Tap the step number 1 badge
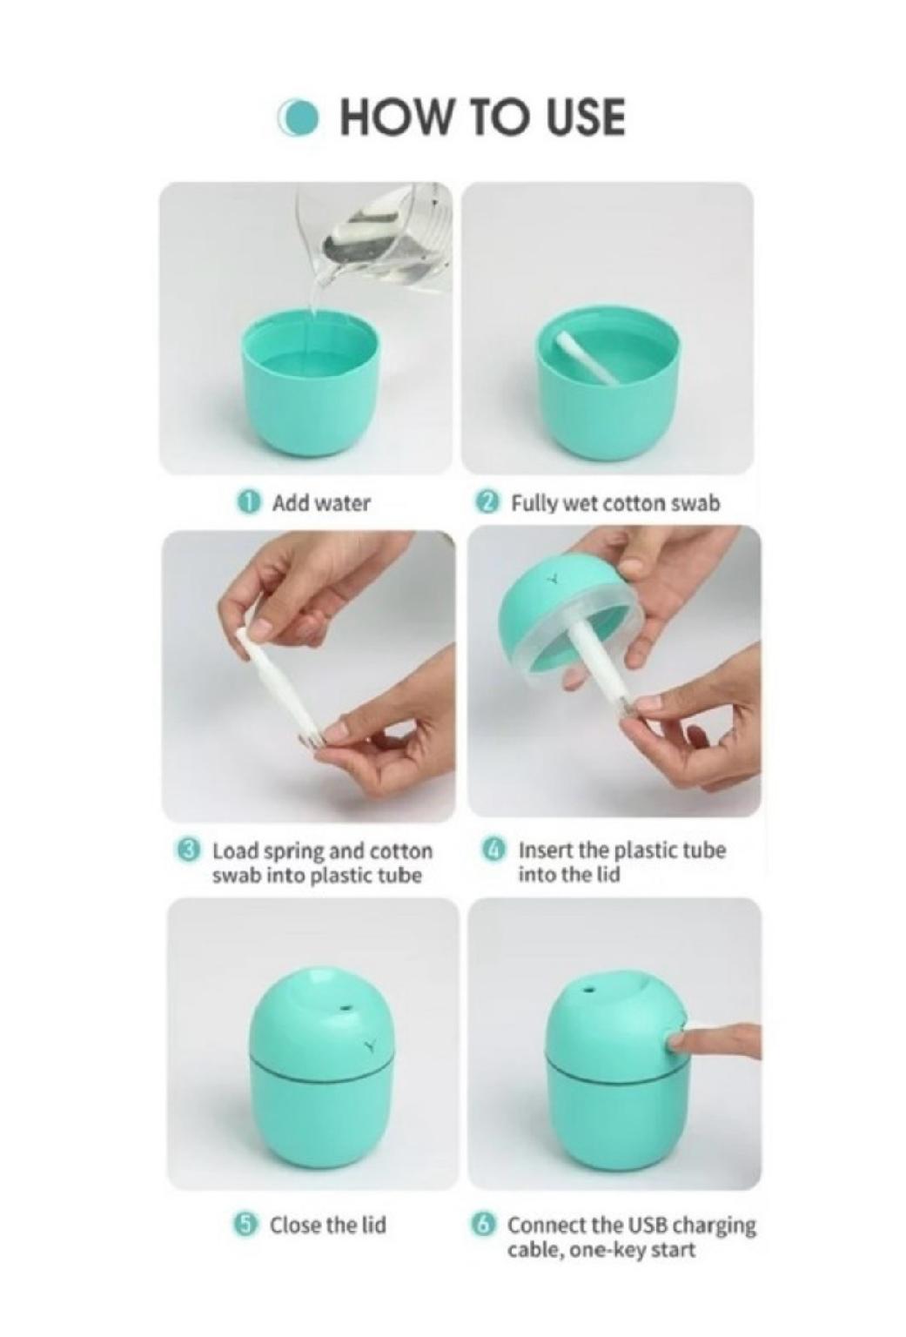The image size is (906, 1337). click(250, 502)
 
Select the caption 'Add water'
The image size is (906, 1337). click(321, 502)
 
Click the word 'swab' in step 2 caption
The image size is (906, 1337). click(695, 503)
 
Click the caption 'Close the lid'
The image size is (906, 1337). click(327, 1226)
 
